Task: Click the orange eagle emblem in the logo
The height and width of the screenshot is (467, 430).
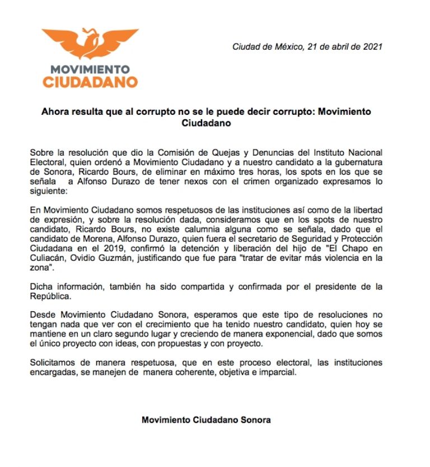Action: (x=90, y=44)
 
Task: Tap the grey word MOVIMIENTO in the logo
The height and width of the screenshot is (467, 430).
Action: (x=90, y=70)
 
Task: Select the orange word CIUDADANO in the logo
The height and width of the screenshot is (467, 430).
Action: (x=90, y=82)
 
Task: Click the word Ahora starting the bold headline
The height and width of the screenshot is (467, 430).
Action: (x=55, y=112)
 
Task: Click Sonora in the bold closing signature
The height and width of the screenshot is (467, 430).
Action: (x=255, y=419)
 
